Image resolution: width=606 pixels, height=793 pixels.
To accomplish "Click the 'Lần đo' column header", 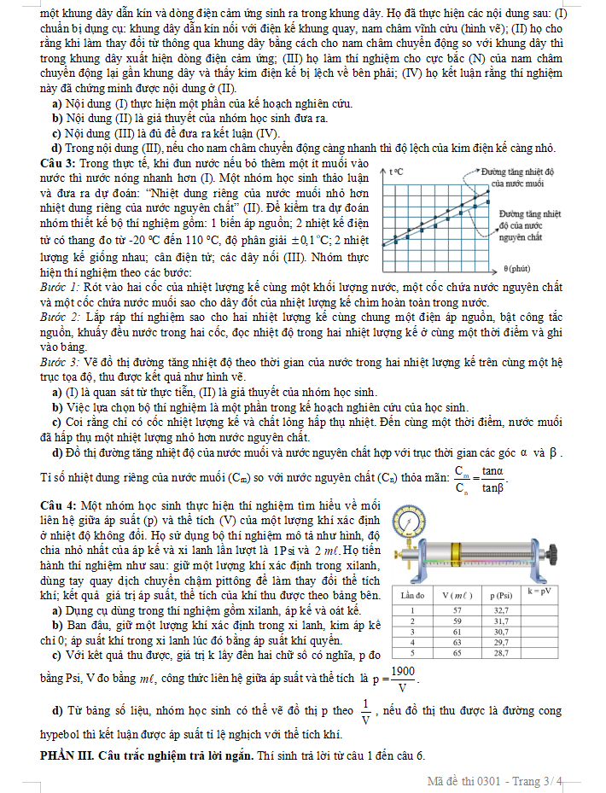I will tap(411, 594).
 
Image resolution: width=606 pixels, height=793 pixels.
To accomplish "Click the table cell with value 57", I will tap(457, 610).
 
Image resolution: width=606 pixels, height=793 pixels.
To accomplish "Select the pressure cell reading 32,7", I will tap(501, 610).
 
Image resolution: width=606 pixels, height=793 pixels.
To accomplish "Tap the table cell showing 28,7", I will tap(501, 652).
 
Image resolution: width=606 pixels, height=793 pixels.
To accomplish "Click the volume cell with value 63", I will tap(457, 642).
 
